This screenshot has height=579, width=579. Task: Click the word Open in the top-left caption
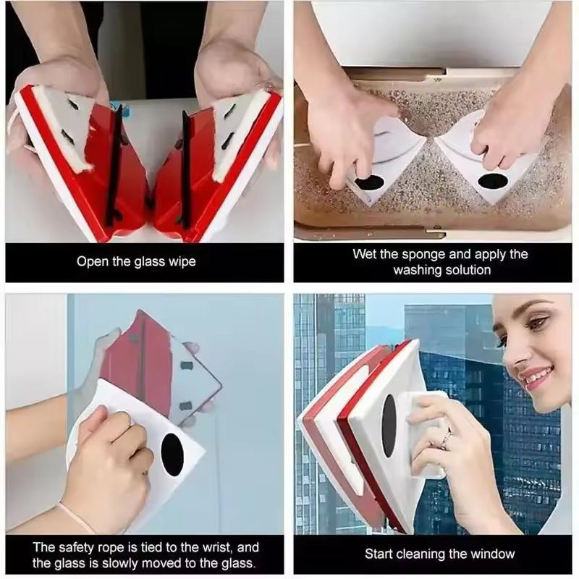(91, 261)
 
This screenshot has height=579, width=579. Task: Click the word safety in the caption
(79, 547)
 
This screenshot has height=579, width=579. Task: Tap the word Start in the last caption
(380, 554)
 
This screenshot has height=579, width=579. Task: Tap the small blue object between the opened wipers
(135, 111)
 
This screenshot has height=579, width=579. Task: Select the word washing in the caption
(417, 270)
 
